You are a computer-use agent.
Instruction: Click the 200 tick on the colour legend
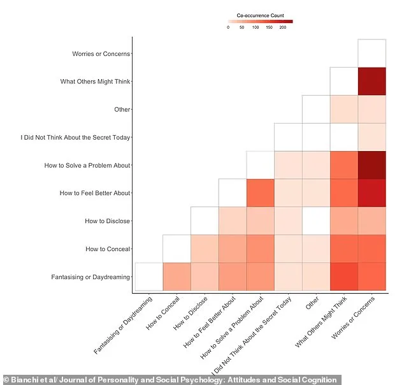tap(282, 28)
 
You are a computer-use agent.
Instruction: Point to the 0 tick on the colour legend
tap(228, 28)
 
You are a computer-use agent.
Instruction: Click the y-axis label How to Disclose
tap(107, 221)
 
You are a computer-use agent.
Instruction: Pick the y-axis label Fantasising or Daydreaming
tap(90, 277)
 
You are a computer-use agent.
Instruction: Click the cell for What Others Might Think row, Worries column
tap(372, 82)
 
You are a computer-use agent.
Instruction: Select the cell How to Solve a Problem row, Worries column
tap(372, 165)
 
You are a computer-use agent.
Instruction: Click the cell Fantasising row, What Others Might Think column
tap(344, 277)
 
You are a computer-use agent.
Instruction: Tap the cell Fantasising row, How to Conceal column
tap(177, 277)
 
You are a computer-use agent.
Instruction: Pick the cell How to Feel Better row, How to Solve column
tap(260, 193)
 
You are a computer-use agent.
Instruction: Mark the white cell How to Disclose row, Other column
tap(316, 221)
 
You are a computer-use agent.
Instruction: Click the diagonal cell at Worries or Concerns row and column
tap(372, 54)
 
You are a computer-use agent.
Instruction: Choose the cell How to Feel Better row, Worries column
tap(372, 193)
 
